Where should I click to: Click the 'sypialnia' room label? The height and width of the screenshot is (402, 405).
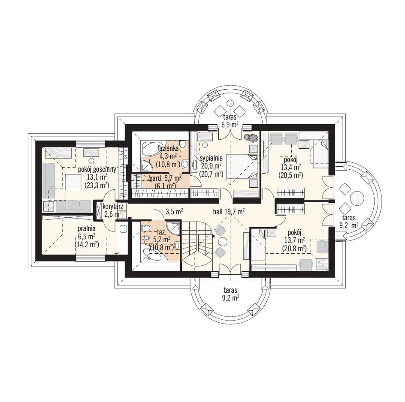(211, 158)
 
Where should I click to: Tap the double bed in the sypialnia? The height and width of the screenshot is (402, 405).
(242, 166)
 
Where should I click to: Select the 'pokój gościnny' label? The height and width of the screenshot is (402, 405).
(97, 170)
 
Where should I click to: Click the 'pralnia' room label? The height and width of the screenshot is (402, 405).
(87, 228)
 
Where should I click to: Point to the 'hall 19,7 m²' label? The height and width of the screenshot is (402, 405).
(229, 212)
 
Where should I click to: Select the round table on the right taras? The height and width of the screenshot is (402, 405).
(357, 198)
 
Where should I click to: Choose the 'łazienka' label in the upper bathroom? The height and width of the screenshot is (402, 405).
(168, 148)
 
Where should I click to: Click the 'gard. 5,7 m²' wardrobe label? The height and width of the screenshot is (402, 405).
(166, 178)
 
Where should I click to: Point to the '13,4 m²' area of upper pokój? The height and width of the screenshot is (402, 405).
(290, 168)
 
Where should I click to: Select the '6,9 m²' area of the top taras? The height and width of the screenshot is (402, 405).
(230, 125)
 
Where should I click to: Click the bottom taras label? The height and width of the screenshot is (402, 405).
(230, 290)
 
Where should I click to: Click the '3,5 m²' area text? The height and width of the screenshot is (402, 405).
(174, 212)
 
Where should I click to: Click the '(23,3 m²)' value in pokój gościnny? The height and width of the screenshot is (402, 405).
(97, 185)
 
